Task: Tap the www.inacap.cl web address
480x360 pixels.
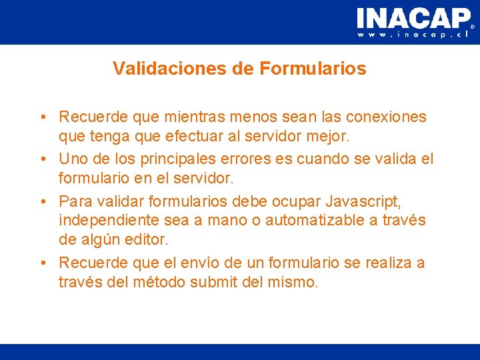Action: point(413,34)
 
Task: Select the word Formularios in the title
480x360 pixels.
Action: point(313,69)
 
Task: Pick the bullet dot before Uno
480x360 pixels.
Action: point(42,159)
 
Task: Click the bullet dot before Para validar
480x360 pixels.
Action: point(42,200)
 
